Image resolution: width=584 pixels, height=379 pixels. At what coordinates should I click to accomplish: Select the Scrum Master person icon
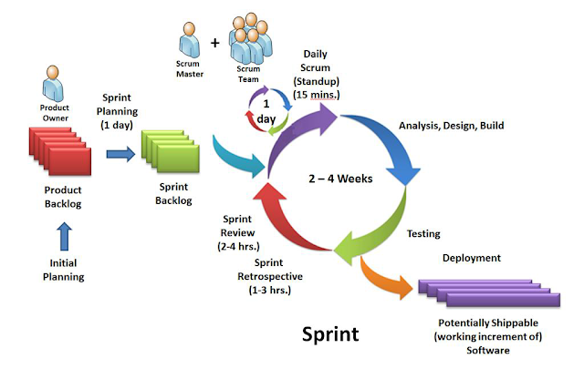coord(190,40)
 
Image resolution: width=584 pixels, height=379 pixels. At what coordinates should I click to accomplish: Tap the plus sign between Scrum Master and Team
coord(215,43)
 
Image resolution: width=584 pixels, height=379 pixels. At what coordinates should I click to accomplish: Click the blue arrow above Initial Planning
coord(65,236)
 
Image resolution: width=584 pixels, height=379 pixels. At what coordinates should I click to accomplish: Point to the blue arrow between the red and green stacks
coord(120,154)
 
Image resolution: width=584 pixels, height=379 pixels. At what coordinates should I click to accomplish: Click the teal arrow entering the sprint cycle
coord(238,157)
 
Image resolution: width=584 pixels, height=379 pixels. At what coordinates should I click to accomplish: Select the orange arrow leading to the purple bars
coord(385,278)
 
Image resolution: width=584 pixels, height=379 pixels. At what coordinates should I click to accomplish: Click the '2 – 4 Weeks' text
coord(340,179)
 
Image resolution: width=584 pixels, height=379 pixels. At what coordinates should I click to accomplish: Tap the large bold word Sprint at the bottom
coord(330,334)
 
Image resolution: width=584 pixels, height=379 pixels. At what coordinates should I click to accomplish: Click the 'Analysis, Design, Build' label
coord(452,126)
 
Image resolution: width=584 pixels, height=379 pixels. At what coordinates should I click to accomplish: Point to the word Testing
coord(423,233)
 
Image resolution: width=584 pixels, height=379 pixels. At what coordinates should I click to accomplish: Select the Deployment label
coord(472,258)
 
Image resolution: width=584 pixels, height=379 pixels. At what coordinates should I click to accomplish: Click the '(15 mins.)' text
coord(317,95)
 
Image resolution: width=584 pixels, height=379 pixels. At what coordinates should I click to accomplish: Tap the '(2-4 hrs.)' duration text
coord(238,246)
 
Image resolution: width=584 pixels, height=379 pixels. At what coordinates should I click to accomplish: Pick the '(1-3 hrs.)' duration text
coord(270,290)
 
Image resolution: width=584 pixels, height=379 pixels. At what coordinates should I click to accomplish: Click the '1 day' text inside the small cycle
coord(266,111)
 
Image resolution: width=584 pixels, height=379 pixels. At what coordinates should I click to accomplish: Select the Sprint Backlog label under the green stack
coord(173,193)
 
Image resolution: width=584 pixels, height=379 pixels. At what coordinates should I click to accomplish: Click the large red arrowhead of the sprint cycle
coord(269,192)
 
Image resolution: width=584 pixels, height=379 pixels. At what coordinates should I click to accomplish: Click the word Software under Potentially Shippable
coord(488,351)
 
